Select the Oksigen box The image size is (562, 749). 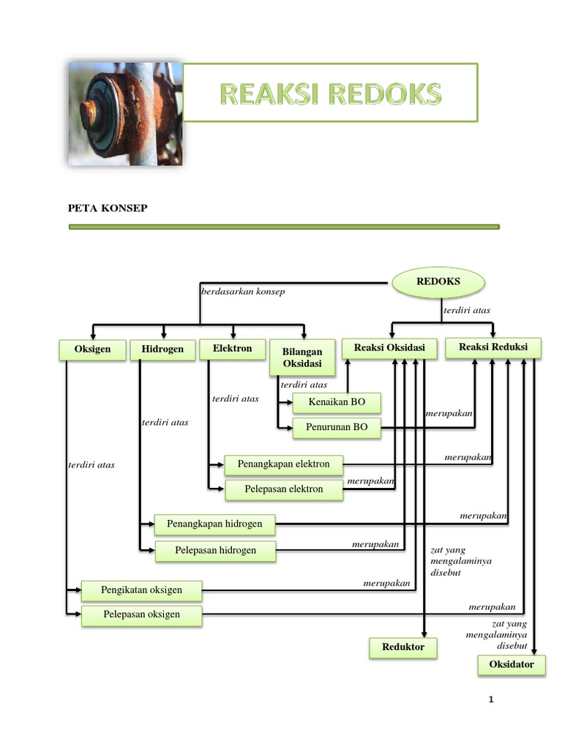(92, 350)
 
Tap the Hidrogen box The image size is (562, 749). (162, 350)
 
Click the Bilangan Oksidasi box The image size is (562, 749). (302, 358)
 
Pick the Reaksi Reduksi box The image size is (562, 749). (493, 347)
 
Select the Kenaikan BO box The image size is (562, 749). (337, 403)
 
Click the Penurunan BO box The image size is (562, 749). (337, 427)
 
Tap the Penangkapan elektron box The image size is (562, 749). (283, 464)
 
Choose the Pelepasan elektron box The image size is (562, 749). (283, 489)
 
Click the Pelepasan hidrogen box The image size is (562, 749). (215, 550)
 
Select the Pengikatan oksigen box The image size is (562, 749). (141, 590)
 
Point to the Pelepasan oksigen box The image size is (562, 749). (141, 615)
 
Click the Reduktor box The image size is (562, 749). (402, 647)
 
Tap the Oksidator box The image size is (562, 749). (512, 665)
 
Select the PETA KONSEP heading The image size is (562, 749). (108, 208)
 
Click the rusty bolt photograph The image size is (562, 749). (124, 113)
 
